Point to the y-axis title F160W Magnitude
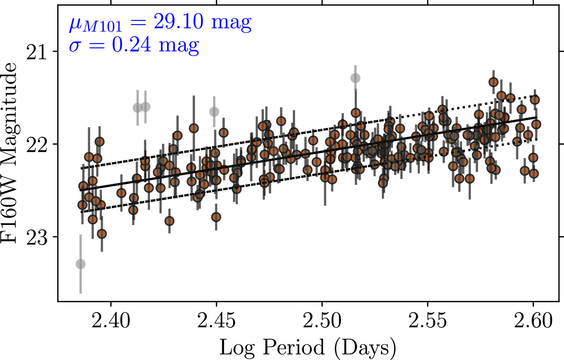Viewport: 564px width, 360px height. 9,153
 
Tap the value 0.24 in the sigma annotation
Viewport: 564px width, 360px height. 132,45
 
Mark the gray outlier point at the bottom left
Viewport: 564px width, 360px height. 81,264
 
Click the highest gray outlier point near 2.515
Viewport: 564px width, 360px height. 355,78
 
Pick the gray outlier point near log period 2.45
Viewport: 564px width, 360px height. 214,111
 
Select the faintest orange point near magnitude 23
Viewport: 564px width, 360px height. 102,234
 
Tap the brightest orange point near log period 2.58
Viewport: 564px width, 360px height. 493,82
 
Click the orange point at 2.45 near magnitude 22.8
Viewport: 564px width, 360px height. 216,217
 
